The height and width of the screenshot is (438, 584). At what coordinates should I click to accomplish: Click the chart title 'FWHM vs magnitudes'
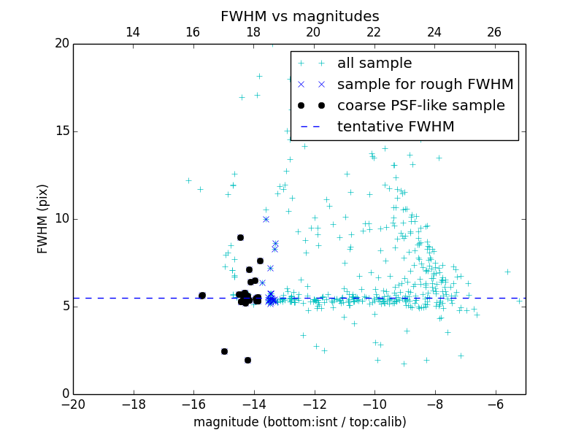coord(299,16)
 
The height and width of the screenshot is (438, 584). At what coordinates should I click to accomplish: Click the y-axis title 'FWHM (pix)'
coord(43,218)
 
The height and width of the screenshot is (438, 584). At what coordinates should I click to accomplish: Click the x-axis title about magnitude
coord(299,422)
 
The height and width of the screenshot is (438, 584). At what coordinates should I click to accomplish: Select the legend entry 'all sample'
coord(374,64)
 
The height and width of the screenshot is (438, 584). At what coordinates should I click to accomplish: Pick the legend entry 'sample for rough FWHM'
coord(425,85)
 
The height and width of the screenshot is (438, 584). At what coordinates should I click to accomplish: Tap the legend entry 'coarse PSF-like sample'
coord(420,106)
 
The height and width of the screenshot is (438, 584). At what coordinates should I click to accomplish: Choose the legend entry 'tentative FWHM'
coord(396,127)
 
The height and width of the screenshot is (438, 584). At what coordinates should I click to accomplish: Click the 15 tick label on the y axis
coord(61,131)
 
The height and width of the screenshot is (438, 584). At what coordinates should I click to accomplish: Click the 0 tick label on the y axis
coord(65,394)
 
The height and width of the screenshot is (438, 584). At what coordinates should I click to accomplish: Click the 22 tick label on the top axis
coord(374,32)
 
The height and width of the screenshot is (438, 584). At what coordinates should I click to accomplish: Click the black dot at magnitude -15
coord(224,351)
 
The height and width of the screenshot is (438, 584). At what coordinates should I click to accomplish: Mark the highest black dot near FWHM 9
coord(240,237)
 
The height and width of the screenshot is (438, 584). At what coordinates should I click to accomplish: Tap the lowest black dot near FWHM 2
coord(247,360)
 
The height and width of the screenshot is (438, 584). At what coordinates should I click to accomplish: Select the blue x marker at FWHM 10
coord(266,219)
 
